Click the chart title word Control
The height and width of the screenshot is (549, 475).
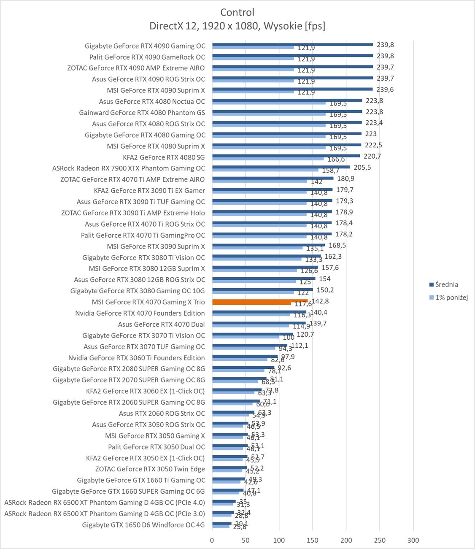click(237, 12)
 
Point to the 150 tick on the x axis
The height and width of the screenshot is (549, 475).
click(313, 540)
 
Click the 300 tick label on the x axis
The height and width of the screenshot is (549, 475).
click(413, 540)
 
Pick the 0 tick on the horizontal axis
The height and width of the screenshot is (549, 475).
click(212, 540)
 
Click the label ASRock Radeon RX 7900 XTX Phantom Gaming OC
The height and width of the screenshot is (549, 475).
click(129, 168)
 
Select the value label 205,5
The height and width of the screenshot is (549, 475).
click(362, 168)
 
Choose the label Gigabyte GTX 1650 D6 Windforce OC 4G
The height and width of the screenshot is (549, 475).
click(143, 525)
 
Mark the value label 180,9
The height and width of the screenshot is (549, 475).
click(346, 178)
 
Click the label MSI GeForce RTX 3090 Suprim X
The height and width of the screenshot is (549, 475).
click(156, 246)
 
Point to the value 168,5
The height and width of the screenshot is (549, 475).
click(337, 245)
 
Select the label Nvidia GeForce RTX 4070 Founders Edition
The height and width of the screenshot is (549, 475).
click(140, 313)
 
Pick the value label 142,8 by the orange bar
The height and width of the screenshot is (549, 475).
click(320, 301)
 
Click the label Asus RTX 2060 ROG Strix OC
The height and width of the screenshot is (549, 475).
click(162, 414)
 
